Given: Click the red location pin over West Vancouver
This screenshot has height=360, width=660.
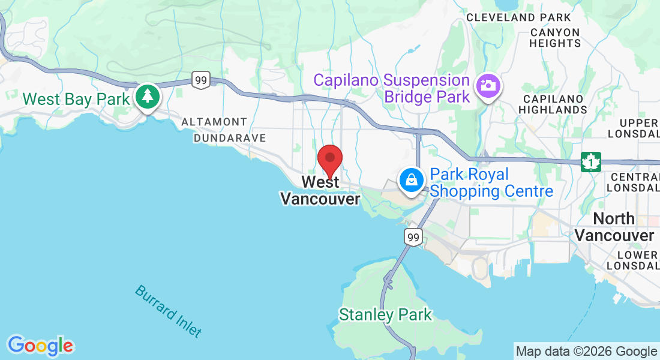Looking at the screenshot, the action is (329, 160).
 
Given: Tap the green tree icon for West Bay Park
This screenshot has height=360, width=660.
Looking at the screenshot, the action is (147, 96).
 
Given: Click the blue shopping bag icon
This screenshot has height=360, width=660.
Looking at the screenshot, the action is (412, 179).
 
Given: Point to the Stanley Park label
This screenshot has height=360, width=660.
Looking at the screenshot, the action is (385, 314).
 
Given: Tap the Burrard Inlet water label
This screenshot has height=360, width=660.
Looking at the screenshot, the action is (168, 310).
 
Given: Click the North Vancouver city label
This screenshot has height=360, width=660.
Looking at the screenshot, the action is (614, 227).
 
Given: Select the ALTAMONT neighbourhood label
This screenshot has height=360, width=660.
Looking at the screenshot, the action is (214, 122).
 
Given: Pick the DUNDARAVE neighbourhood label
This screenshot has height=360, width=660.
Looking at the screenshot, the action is (229, 138).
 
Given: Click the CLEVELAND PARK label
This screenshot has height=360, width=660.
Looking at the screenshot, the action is (518, 17).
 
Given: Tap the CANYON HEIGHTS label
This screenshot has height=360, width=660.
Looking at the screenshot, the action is (555, 38).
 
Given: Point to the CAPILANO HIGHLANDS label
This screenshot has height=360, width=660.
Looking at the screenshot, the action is (553, 104).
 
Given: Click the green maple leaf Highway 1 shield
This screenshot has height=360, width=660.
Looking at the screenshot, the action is (591, 161).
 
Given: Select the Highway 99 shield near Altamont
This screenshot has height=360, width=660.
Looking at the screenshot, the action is (201, 79).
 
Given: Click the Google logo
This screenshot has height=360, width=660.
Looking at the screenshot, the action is (40, 346).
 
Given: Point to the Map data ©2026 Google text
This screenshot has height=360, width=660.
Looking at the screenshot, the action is (586, 352).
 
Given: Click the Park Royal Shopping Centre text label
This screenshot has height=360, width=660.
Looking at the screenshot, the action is (491, 183).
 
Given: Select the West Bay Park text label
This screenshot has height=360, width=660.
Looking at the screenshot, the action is (76, 99).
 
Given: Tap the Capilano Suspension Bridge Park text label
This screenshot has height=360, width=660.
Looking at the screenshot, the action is (392, 88).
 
